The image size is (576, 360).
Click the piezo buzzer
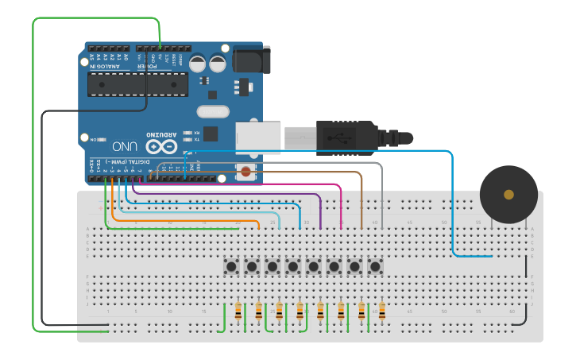(508, 195)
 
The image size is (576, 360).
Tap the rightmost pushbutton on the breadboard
(375, 266)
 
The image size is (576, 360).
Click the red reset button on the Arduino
(245, 171)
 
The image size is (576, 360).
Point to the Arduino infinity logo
(160, 147)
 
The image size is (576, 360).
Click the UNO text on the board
(126, 147)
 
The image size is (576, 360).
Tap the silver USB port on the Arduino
(258, 137)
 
